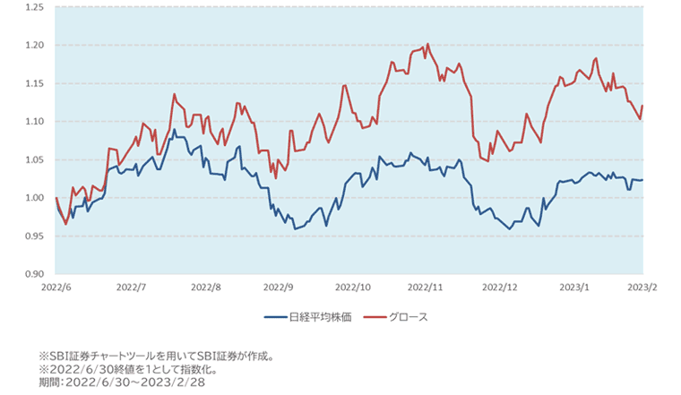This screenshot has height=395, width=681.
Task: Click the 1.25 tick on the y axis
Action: click(x=34, y=7)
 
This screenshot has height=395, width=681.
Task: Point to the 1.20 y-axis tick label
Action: click(x=34, y=45)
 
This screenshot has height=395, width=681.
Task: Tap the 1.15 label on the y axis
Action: click(x=34, y=83)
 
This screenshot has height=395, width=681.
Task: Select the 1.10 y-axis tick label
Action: click(x=34, y=121)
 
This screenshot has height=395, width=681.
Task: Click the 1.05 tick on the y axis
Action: click(x=34, y=159)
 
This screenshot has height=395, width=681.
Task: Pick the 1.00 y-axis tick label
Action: click(x=34, y=198)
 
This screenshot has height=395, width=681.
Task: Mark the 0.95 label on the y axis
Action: click(x=34, y=236)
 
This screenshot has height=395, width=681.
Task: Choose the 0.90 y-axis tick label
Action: click(x=34, y=274)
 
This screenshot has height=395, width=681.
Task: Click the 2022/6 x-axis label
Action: click(x=56, y=288)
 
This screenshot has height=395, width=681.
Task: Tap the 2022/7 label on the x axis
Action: click(x=131, y=288)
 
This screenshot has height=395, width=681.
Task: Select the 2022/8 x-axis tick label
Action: click(x=206, y=288)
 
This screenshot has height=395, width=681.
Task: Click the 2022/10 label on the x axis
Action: click(x=352, y=288)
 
